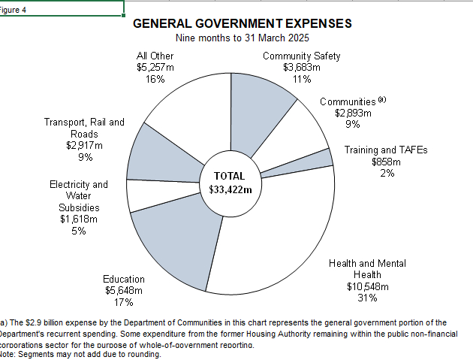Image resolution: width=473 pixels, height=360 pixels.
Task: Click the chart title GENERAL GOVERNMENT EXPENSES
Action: (242, 23)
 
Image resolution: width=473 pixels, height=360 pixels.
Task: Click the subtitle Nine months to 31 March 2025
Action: (242, 38)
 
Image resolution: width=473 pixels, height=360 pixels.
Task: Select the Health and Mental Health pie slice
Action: (285, 233)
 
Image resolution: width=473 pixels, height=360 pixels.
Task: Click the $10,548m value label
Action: (367, 286)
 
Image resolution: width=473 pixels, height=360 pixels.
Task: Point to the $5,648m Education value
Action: (123, 291)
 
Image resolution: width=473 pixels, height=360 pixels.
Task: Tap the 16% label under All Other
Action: (155, 79)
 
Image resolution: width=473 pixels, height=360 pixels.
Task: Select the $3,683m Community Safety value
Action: (301, 68)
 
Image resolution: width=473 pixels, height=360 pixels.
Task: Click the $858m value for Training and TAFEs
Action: (386, 162)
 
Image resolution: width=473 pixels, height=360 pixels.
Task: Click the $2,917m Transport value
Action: (84, 145)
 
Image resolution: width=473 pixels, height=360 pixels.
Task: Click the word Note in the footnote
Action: (8, 353)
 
